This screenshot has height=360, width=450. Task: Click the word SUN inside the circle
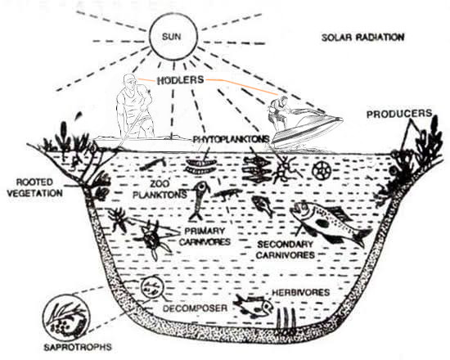pos(171,37)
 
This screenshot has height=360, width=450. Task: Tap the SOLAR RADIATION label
pos(362,38)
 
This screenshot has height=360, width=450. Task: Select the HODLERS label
pos(181,80)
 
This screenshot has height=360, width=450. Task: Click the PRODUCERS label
pos(399,114)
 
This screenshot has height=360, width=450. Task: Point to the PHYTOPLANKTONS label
pos(231,139)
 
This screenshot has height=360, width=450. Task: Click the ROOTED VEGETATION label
pos(34,187)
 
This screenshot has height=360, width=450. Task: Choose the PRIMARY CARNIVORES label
pos(205,236)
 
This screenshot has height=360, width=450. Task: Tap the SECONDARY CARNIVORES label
pos(286,250)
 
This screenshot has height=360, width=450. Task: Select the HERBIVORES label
pos(301,293)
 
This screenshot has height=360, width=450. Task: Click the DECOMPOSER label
pos(195,308)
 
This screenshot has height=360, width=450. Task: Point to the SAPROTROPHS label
pos(78,347)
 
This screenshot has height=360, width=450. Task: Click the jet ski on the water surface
pos(307,129)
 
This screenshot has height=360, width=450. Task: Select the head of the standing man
pos(129,81)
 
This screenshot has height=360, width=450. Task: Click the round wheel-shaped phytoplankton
pos(322,170)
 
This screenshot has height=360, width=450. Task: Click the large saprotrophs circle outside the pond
pos(66,317)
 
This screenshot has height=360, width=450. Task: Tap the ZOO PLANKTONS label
pos(160,190)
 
